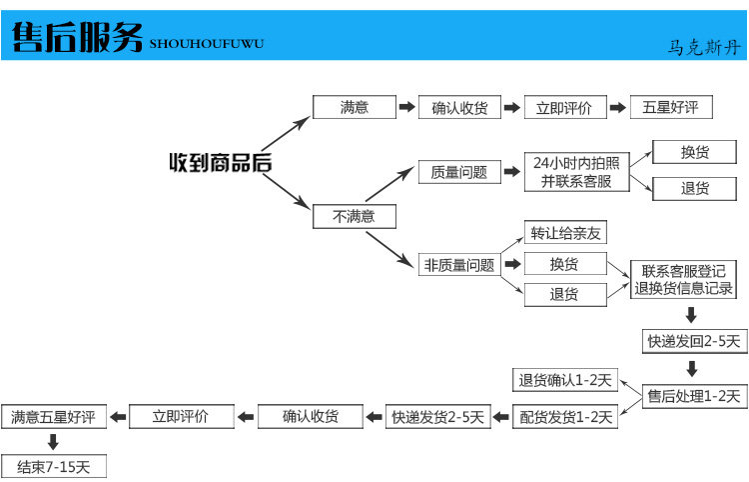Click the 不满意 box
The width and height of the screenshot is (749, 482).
(354, 217)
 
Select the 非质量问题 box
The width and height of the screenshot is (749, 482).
(459, 265)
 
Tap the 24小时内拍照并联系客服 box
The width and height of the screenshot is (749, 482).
(576, 172)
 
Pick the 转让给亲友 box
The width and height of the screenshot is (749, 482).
(565, 233)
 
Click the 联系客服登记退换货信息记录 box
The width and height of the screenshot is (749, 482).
(683, 280)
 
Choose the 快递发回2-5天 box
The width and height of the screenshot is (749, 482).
(694, 341)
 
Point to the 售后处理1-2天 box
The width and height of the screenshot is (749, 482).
(694, 396)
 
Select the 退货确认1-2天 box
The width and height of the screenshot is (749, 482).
(565, 380)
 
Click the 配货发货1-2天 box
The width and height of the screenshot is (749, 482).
(565, 417)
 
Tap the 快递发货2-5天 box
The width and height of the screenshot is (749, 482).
(438, 417)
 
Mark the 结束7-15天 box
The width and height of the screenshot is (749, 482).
(54, 467)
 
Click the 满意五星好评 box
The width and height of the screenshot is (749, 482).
(54, 417)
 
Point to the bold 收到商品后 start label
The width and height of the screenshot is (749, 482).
(221, 163)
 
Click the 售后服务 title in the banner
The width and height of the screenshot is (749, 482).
(77, 37)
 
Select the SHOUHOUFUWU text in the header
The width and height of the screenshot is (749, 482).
(207, 44)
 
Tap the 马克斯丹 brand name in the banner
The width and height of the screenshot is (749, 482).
(704, 47)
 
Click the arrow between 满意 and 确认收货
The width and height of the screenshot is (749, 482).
(407, 107)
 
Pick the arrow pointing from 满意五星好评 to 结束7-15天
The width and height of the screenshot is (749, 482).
(53, 441)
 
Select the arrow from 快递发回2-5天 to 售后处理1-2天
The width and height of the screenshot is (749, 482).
(692, 369)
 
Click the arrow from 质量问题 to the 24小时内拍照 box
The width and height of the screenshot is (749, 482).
(512, 172)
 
